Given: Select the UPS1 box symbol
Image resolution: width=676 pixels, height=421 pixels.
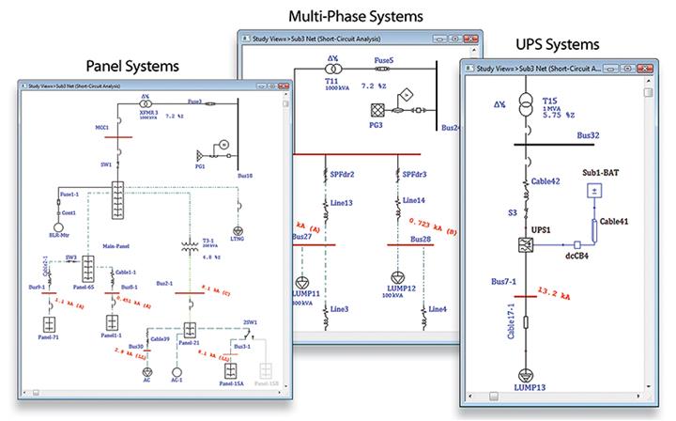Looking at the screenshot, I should click(x=527, y=246).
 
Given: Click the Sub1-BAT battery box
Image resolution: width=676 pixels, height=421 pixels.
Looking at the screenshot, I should click(x=594, y=192).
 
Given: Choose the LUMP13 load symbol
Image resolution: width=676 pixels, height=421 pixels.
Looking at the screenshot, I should click(x=527, y=373).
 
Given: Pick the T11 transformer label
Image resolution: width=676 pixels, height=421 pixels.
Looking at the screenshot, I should click(x=307, y=82).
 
